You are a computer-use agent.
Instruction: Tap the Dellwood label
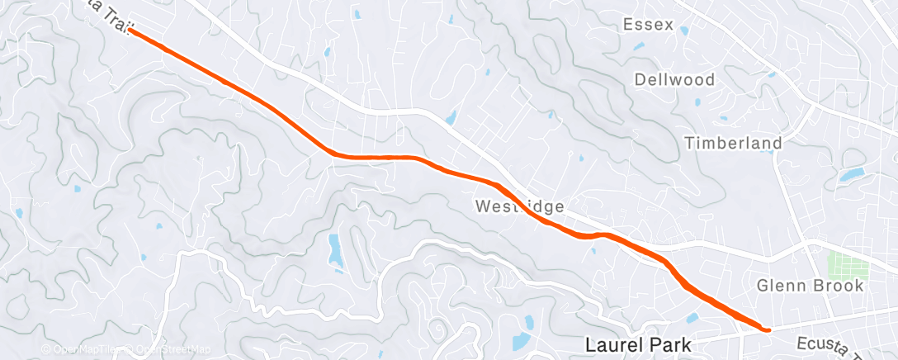tap(674, 80)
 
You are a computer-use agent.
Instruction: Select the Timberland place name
tap(734, 144)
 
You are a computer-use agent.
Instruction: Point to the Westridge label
tap(520, 205)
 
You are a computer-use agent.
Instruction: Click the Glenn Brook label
tap(811, 286)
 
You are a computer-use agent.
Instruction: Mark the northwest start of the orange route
tap(131, 31)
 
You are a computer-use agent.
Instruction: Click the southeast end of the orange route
tap(768, 329)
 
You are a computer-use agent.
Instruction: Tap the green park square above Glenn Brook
tap(850, 267)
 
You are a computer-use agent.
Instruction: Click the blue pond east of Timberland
tap(850, 175)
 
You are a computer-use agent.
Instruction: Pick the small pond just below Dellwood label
tap(698, 103)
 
